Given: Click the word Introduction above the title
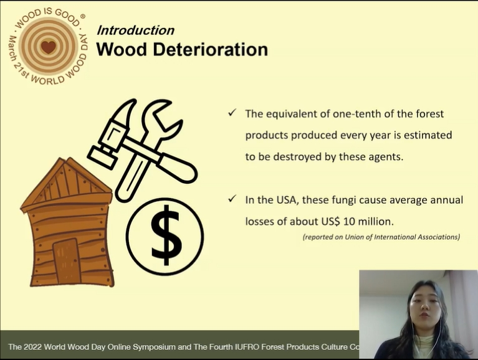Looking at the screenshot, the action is [x=136, y=31].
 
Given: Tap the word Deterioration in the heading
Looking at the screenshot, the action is [x=211, y=49].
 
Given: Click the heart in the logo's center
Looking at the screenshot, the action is [x=48, y=47].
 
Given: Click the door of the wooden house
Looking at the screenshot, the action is [x=67, y=262].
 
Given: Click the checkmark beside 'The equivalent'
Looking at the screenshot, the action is [x=232, y=113].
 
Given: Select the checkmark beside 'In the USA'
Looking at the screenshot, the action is [x=232, y=199].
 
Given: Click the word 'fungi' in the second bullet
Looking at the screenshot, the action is [x=344, y=201].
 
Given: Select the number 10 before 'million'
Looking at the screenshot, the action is [x=349, y=222].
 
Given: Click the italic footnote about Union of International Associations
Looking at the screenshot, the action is [x=381, y=237].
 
